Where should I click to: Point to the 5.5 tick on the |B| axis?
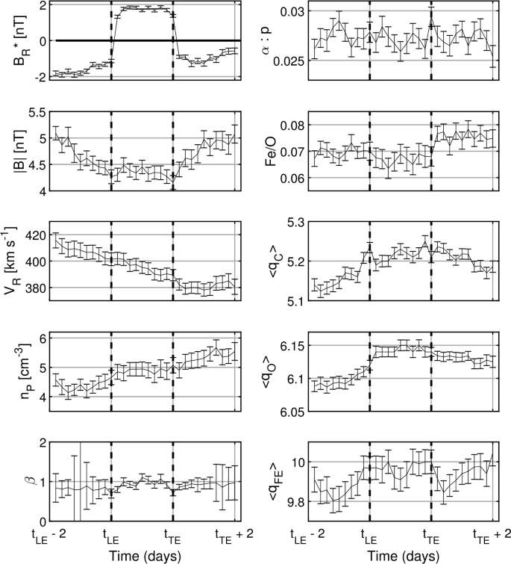point(36,112)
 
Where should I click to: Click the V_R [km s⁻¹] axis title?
point(13,262)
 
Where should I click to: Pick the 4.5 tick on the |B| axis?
point(36,165)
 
